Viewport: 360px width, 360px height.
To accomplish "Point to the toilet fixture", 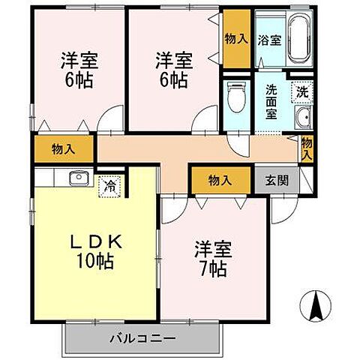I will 235,97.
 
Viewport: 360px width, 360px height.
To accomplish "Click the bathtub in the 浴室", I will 298,40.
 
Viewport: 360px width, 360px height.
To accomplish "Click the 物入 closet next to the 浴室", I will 237,37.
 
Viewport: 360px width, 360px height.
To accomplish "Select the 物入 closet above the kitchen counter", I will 63,149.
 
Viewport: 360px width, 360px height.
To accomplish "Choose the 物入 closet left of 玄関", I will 219,180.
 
